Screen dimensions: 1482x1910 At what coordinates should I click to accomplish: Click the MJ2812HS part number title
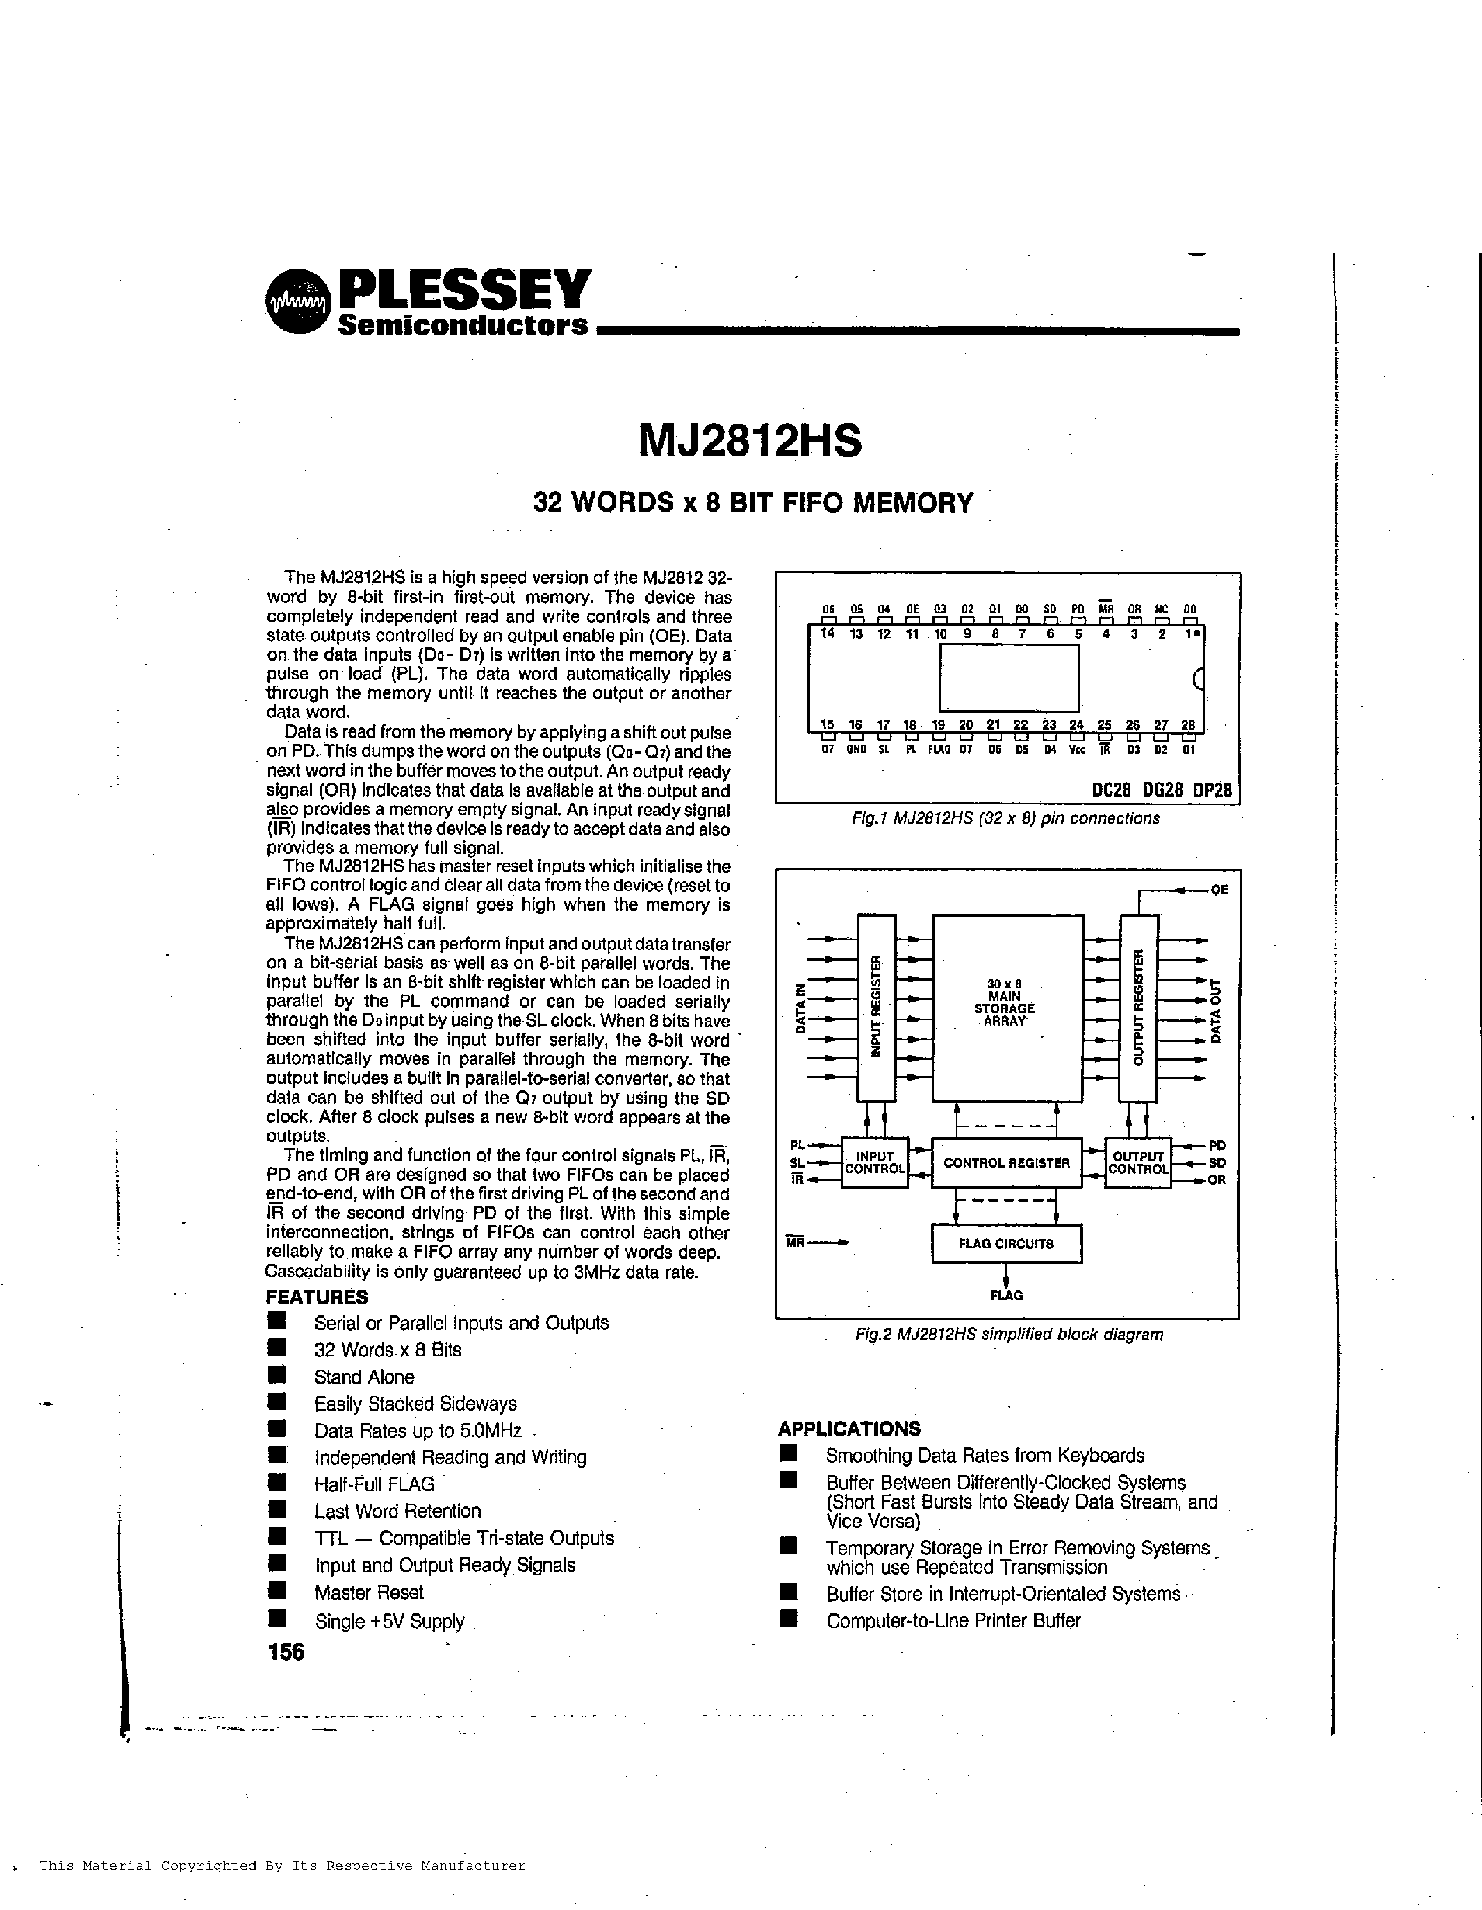pyautogui.click(x=750, y=441)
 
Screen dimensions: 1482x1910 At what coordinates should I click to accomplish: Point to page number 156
pyautogui.click(x=286, y=1652)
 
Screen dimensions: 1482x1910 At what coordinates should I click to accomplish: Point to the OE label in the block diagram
pyautogui.click(x=1219, y=890)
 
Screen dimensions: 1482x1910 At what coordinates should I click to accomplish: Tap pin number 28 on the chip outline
pyautogui.click(x=1187, y=725)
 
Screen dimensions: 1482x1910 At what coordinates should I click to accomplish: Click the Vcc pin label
pyautogui.click(x=1077, y=750)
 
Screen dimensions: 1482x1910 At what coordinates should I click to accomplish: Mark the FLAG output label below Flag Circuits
pyautogui.click(x=1006, y=1295)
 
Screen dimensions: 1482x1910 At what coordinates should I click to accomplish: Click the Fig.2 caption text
pyautogui.click(x=1009, y=1334)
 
